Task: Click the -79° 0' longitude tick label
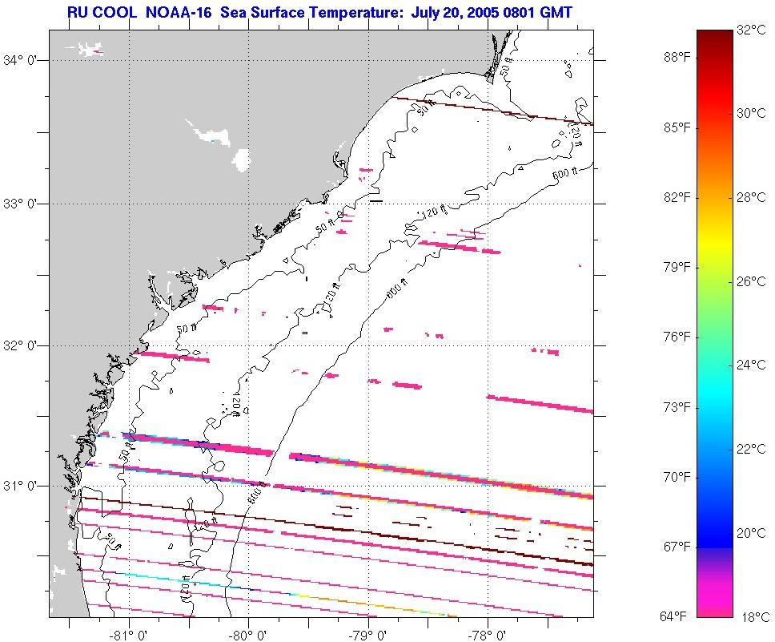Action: click(367, 630)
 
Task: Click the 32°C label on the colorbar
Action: click(752, 31)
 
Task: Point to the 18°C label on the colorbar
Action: click(752, 616)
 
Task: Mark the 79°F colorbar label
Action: click(673, 267)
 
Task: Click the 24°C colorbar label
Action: click(752, 365)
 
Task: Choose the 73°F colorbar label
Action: click(673, 407)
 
